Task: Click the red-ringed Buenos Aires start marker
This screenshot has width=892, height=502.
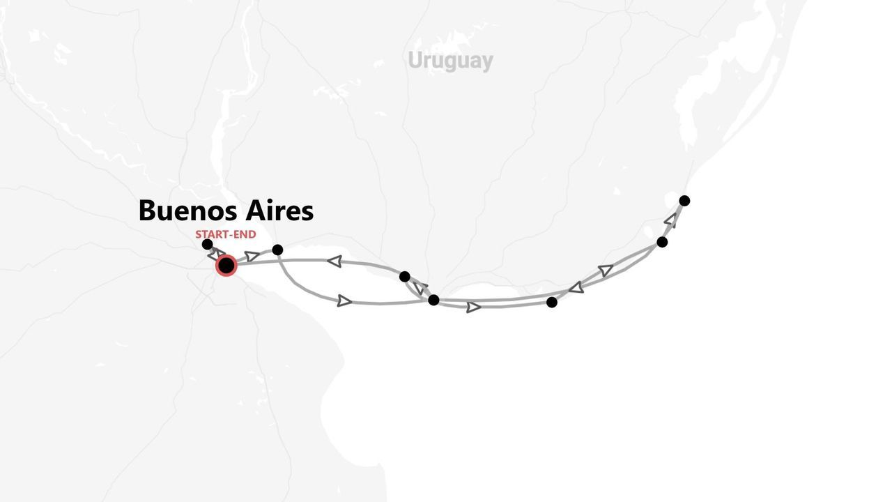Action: coord(226,266)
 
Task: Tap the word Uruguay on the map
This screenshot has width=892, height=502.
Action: coord(450,61)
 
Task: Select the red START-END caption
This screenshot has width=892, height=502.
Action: coord(225,234)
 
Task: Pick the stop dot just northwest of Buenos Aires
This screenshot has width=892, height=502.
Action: coord(207,244)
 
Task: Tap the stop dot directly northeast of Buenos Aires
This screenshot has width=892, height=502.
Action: coord(277,250)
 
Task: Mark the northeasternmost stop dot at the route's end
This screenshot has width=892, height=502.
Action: coord(684,201)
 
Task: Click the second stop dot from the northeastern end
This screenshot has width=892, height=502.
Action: coord(662,242)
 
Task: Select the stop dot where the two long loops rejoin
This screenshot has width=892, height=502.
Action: coord(433,300)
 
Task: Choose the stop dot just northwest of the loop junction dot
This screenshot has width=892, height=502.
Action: coord(404,277)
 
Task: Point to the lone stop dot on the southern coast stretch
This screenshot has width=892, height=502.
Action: coord(552,302)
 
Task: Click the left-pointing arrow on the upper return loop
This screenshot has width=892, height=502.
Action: coord(334,261)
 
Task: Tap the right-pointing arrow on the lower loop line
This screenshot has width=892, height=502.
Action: coord(344,301)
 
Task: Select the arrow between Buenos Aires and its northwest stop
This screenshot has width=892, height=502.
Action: coord(215,254)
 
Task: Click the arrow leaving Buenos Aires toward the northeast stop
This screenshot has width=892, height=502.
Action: coord(252,257)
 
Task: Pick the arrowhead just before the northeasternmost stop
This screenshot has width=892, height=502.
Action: coord(670,220)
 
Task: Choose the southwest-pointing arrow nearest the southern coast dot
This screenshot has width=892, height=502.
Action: coord(576,287)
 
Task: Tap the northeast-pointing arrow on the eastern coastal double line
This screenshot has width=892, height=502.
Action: coord(605,270)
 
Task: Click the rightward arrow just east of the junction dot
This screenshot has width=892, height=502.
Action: coord(473,307)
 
